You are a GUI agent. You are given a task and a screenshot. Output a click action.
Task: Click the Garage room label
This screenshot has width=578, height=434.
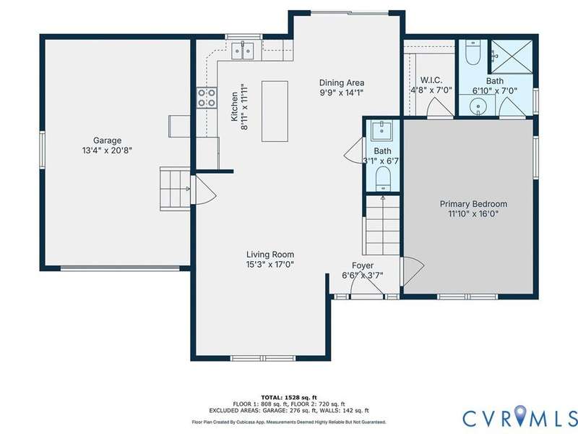click(107, 140)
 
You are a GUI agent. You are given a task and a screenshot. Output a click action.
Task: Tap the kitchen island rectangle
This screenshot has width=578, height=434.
click(275, 111)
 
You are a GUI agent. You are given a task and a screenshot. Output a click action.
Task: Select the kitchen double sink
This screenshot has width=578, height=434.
click(243, 51)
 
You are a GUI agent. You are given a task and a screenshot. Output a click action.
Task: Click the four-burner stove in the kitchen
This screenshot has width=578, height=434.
click(207, 98)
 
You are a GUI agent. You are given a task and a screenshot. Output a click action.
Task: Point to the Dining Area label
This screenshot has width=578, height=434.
click(342, 82)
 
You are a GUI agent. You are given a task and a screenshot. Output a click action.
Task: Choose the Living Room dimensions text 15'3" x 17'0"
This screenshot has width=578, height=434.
click(270, 264)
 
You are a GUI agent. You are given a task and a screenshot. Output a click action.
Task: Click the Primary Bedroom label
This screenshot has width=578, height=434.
click(474, 204)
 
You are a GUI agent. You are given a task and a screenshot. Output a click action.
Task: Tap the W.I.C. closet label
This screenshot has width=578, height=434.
click(431, 80)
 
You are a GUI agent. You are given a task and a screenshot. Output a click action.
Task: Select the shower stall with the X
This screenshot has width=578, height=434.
click(512, 56)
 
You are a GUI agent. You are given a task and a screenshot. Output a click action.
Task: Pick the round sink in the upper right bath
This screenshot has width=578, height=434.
click(478, 107)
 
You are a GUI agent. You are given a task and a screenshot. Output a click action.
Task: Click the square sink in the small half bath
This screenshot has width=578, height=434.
click(381, 131)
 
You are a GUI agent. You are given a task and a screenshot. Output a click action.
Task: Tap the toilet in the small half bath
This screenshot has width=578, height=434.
click(383, 179)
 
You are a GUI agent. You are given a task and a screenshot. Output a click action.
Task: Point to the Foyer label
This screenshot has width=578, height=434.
click(363, 265)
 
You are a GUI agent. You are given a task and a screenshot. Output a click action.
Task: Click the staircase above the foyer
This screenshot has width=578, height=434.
click(383, 225)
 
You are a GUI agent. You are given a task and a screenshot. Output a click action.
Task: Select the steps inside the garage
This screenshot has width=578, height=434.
click(175, 189)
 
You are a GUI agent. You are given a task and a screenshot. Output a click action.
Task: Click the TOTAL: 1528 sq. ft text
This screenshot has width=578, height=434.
click(289, 397)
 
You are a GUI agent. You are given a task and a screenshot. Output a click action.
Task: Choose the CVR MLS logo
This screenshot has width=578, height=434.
click(520, 418)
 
